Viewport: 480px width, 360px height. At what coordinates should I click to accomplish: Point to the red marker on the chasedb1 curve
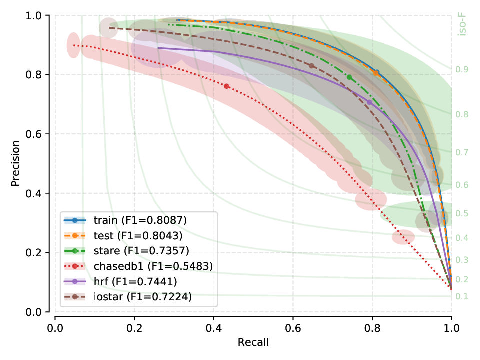click(x=226, y=86)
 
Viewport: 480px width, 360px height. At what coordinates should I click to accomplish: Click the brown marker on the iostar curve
click(x=311, y=66)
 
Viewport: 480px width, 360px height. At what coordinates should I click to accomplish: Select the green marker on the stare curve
click(x=349, y=77)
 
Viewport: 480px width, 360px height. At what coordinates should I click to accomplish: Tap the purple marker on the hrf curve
click(x=369, y=102)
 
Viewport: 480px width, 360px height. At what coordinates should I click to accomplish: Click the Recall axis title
click(x=253, y=342)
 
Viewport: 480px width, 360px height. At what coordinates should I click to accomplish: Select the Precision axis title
click(x=16, y=163)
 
